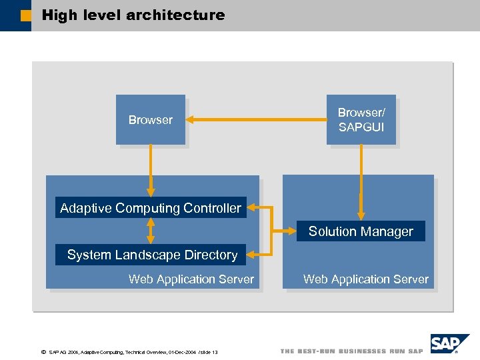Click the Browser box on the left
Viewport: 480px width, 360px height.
[150, 120]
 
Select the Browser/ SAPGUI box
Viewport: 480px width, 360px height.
[361, 120]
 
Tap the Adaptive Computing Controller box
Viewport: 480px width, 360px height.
[151, 208]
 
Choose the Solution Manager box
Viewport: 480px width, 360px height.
[361, 231]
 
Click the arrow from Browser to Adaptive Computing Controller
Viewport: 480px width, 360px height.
[151, 171]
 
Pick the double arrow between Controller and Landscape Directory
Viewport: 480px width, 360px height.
[151, 231]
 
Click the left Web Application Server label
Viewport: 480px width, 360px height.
[191, 279]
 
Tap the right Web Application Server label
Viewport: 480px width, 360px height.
[366, 279]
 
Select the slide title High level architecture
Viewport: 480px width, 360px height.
[133, 15]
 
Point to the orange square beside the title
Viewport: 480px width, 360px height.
[25, 15]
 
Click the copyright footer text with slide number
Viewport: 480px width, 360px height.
[133, 351]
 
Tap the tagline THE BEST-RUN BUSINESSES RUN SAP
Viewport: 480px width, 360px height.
[351, 351]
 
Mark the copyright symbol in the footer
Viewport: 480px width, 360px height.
[43, 351]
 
